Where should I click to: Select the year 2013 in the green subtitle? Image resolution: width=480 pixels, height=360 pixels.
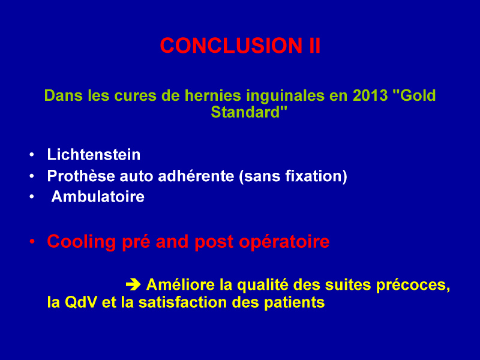[370, 95]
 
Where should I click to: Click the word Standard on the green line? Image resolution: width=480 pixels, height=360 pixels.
[245, 112]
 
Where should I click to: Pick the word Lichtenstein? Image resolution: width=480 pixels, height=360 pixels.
[94, 154]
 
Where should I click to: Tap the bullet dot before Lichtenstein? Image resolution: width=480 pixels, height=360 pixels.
[32, 155]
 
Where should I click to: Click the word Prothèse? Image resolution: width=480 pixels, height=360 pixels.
[81, 176]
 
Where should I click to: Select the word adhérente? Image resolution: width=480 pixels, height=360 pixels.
[196, 176]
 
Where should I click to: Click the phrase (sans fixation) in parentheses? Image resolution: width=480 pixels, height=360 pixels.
[293, 176]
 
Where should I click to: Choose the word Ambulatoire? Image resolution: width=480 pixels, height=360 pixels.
[98, 196]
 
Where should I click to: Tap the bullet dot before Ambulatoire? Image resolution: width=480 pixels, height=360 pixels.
[32, 197]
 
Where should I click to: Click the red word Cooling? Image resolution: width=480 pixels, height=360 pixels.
[82, 242]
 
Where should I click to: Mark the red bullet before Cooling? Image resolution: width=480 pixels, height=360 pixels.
[32, 242]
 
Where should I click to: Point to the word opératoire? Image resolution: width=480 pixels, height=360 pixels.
[284, 242]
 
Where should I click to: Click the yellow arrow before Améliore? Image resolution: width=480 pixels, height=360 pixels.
[133, 284]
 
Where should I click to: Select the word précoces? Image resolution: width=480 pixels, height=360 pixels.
[413, 285]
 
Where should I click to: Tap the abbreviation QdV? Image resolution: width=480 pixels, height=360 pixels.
[81, 302]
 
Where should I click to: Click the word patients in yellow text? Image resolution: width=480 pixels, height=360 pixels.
[294, 303]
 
